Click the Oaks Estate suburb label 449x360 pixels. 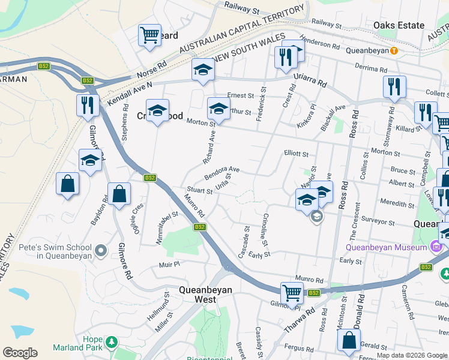[399, 25]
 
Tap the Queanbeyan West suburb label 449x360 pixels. [205, 295]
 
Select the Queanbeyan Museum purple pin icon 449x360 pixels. [436, 247]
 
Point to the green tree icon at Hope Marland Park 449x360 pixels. [110, 341]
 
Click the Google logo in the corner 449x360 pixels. [20, 353]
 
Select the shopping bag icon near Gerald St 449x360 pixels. [349, 340]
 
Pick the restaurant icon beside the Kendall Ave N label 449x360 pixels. [88, 105]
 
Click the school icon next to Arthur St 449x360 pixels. [218, 109]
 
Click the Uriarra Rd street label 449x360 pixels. [310, 79]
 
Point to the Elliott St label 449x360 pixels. [296, 154]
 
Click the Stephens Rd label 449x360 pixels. [125, 123]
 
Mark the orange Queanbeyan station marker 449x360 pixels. [393, 50]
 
